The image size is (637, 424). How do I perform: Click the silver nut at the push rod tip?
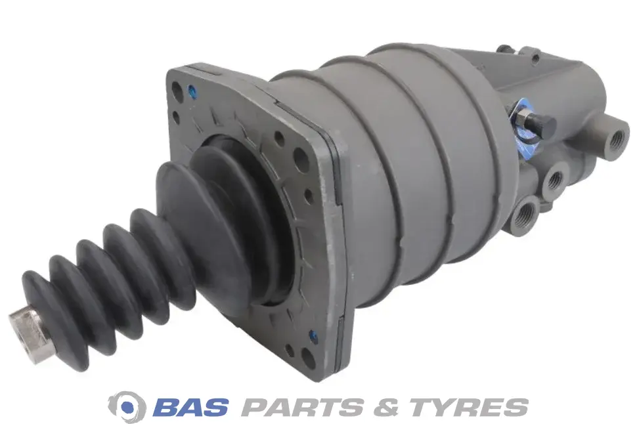pos(30,326)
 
